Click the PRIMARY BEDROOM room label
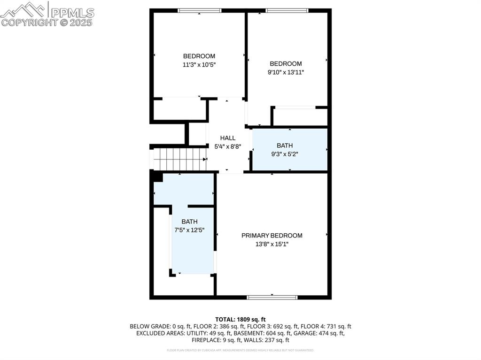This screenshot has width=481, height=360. pyautogui.click(x=272, y=236)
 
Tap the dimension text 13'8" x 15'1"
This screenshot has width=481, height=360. pyautogui.click(x=272, y=244)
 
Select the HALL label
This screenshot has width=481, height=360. pyautogui.click(x=228, y=138)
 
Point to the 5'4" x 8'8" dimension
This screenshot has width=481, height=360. pyautogui.click(x=228, y=146)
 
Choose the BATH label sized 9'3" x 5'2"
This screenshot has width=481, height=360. pyautogui.click(x=285, y=146)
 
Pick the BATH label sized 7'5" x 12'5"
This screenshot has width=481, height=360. pyautogui.click(x=190, y=222)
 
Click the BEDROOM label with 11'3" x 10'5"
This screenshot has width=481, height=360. pyautogui.click(x=199, y=56)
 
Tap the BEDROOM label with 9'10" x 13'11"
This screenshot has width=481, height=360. pyautogui.click(x=286, y=64)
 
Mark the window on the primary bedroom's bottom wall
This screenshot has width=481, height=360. pyautogui.click(x=272, y=297)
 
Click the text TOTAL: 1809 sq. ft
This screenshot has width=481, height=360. pyautogui.click(x=240, y=319)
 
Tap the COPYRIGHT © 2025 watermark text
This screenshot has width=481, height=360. pyautogui.click(x=47, y=22)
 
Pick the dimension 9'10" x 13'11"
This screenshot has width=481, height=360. pyautogui.click(x=286, y=72)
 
